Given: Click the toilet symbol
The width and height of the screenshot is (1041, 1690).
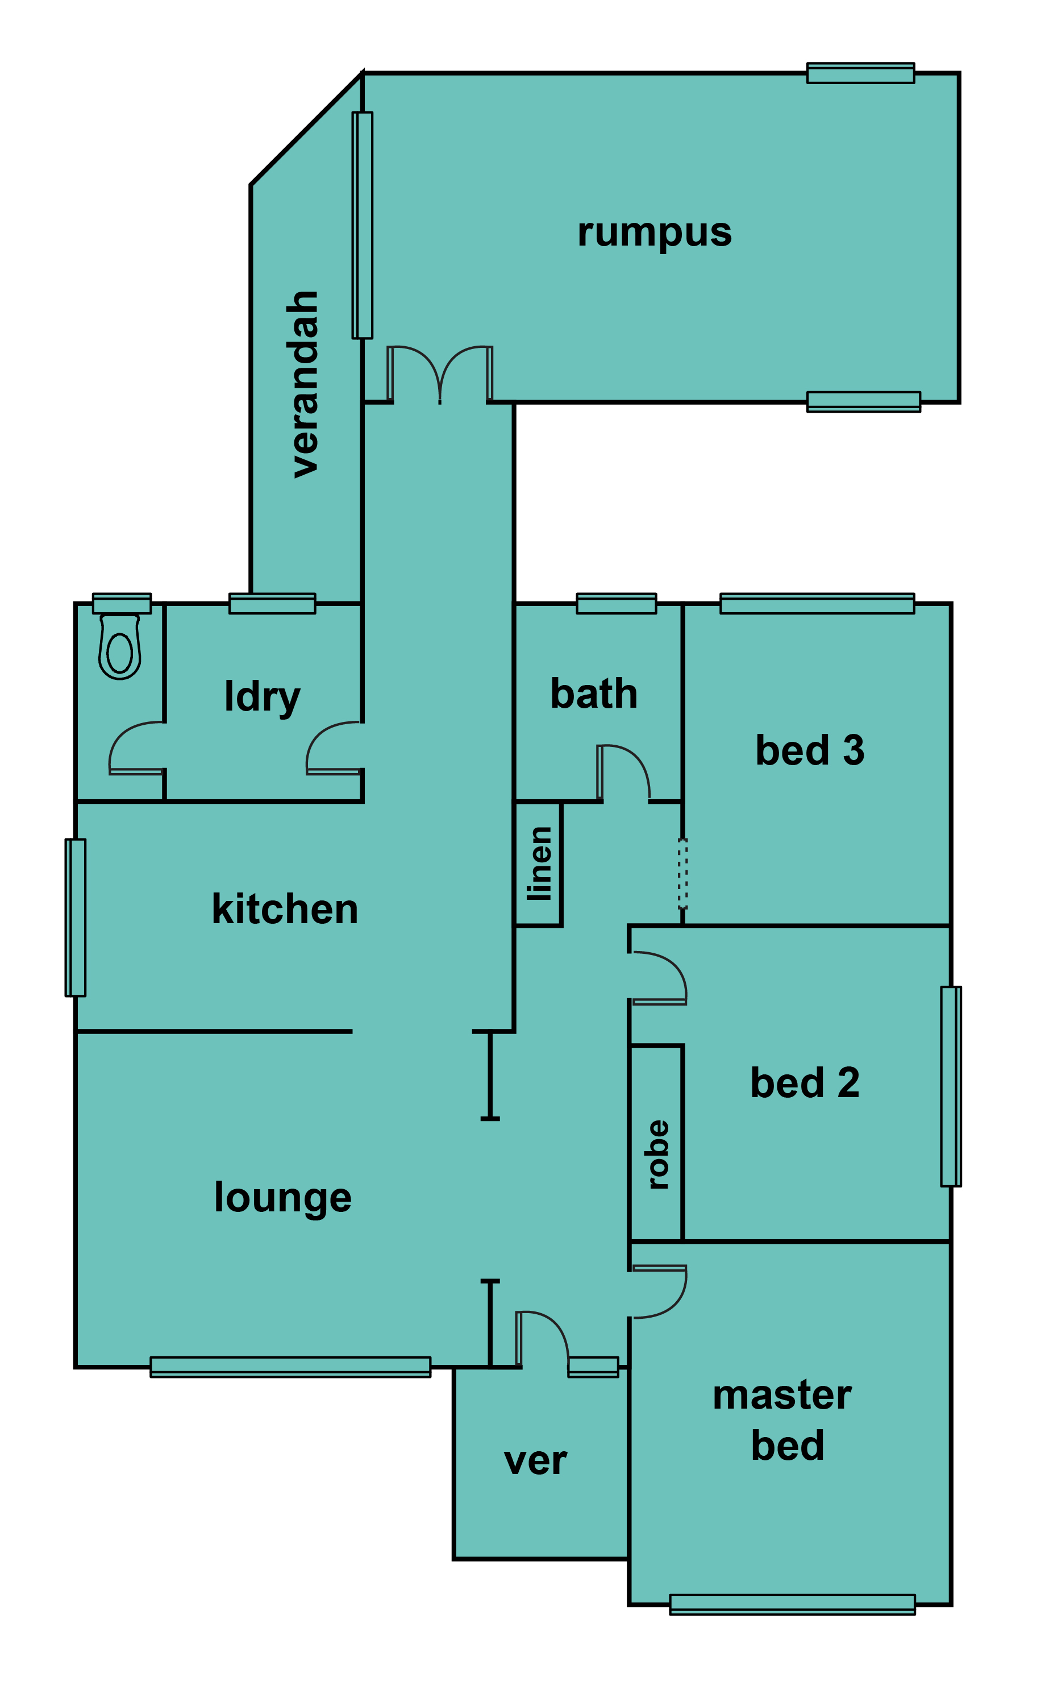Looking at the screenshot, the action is pos(120,647).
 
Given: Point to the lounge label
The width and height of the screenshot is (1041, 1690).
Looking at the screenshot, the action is pos(282,1198).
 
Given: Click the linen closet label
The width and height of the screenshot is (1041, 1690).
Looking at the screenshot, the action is pos(540,864).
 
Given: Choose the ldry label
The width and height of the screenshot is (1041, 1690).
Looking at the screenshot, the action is pos(263,697).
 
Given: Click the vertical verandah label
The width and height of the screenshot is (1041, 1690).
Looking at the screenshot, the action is pos(303,384).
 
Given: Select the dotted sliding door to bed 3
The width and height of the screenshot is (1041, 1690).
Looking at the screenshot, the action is pos(682,873).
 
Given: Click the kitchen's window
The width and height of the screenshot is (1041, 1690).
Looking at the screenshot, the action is pos(76,917).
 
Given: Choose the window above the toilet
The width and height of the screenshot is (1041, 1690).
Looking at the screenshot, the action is pos(122,603).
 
